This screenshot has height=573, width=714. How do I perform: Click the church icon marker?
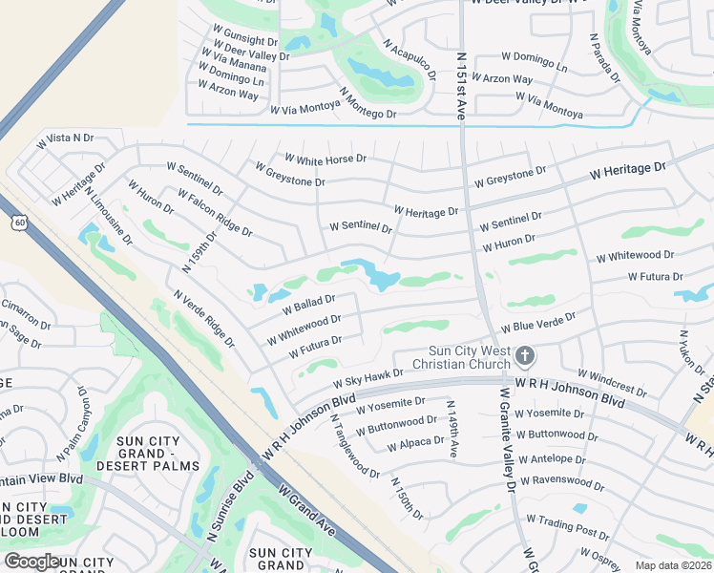coord(524,357)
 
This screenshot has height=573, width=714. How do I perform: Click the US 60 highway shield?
coord(19,222)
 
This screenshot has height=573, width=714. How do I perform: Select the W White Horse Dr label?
coord(325,159)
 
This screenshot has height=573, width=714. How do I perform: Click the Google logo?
coord(32,562)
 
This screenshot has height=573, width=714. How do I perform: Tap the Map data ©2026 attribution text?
coord(674,565)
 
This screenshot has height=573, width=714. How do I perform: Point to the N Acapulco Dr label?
coord(409,59)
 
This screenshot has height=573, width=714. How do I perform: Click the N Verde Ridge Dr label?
coord(203,319)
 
